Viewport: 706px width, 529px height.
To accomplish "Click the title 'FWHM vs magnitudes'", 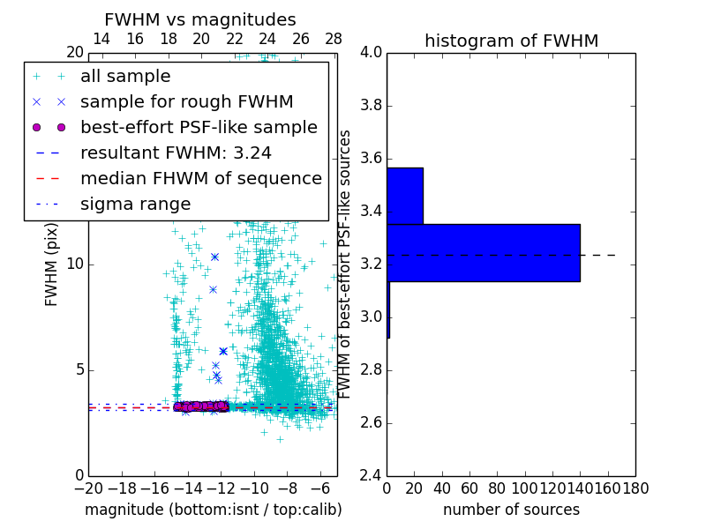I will pyautogui.click(x=200, y=19).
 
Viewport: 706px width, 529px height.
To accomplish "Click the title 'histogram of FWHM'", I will pyautogui.click(x=511, y=41).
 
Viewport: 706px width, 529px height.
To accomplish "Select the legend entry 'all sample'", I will pyautogui.click(x=125, y=77).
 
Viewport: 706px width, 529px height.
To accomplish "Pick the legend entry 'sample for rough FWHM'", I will pyautogui.click(x=187, y=101).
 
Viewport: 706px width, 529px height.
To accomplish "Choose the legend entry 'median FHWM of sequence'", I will pyautogui.click(x=201, y=178).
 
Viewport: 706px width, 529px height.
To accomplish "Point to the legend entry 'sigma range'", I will pyautogui.click(x=135, y=204).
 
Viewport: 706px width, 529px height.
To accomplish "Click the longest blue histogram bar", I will pyautogui.click(x=483, y=253).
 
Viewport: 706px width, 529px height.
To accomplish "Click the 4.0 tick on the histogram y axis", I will pyautogui.click(x=372, y=53).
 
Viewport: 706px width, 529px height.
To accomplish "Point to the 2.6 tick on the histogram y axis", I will pyautogui.click(x=372, y=422).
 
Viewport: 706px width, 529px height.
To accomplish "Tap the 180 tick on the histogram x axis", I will pyautogui.click(x=635, y=488).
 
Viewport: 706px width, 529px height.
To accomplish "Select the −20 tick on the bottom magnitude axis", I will pyautogui.click(x=88, y=488).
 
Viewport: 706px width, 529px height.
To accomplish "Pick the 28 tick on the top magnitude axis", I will pyautogui.click(x=334, y=39).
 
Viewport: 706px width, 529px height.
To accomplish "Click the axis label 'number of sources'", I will pyautogui.click(x=511, y=510).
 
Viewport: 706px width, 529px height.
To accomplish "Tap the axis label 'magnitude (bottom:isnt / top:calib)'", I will pyautogui.click(x=213, y=510).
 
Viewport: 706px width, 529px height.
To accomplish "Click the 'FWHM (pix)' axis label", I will pyautogui.click(x=52, y=265).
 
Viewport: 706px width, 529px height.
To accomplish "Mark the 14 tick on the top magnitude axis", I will pyautogui.click(x=101, y=39).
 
